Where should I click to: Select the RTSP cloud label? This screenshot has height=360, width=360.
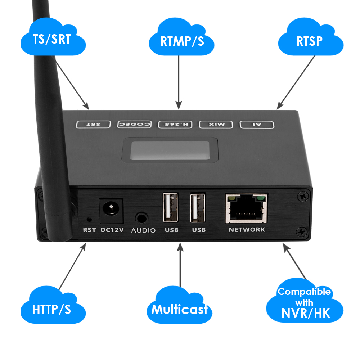click(x=310, y=41)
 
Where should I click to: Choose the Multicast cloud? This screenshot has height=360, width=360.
click(x=179, y=309)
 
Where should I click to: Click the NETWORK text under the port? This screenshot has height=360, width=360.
click(x=247, y=229)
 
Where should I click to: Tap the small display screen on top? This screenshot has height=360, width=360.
click(x=170, y=150)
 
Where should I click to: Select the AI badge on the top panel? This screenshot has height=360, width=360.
click(x=257, y=125)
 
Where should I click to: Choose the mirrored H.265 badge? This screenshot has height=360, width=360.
click(x=176, y=125)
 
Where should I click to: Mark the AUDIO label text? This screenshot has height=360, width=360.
click(x=143, y=230)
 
